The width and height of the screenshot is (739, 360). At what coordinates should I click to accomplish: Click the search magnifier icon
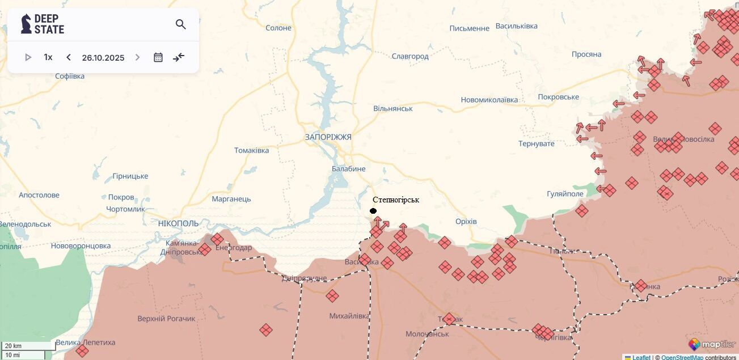point(180,24)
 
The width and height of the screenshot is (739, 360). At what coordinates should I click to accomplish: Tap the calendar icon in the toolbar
point(158,57)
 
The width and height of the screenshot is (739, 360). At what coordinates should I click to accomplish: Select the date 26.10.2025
point(103,58)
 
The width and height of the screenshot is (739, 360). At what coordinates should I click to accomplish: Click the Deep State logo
point(43,24)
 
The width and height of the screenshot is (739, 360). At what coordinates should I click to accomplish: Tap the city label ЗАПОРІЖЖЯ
point(328,137)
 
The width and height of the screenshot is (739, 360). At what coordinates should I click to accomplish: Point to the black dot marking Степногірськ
point(373,211)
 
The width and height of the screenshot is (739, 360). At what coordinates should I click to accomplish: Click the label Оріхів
point(466,221)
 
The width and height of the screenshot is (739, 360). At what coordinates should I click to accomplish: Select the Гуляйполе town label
point(565,194)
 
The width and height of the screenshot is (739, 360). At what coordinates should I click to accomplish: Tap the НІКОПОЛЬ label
point(179,223)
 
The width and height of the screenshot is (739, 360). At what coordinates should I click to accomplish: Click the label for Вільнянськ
point(393,108)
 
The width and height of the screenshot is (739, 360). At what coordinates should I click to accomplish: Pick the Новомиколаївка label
point(489,100)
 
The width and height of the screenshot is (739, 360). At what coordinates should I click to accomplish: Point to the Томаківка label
point(251,150)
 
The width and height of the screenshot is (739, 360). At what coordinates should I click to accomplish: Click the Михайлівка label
point(349,316)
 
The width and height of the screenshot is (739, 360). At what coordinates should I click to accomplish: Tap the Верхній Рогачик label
point(166,319)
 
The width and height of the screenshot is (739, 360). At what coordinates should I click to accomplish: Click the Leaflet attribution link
point(641,357)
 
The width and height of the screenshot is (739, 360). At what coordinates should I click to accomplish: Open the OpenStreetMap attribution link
point(682,357)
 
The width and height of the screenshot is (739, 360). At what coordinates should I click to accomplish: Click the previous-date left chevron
point(69,57)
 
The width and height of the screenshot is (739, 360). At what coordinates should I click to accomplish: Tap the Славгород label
point(410,56)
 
